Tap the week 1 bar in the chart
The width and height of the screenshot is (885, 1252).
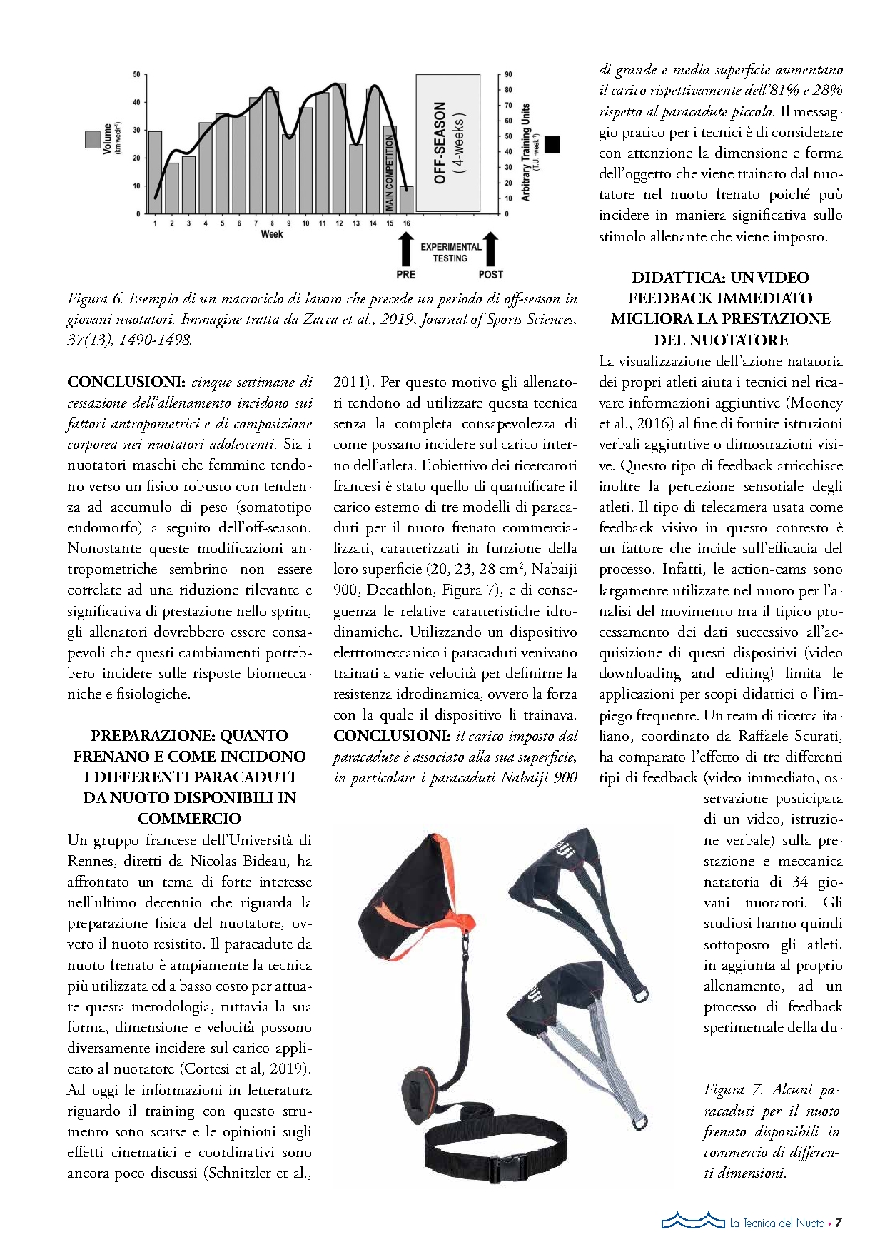pos(155,172)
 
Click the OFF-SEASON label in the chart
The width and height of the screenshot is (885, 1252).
pos(440,143)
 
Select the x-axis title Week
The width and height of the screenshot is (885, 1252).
pos(272,234)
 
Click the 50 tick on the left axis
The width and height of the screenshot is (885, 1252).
pos(136,74)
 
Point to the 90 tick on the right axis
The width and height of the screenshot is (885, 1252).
pos(508,74)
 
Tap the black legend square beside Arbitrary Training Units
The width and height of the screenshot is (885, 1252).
pos(552,144)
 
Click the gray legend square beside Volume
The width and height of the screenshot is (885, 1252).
pos(92,139)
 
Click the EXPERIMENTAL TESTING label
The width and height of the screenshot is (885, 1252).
pos(450,253)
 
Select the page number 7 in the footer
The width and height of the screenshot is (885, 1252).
pos(839,1223)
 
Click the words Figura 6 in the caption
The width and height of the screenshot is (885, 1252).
pos(96,299)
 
